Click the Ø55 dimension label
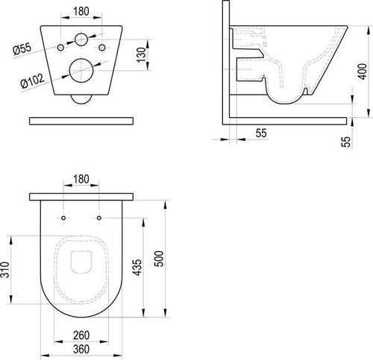point(22,48)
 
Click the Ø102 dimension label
point(33,80)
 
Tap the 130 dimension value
point(141,55)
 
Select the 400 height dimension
point(363,72)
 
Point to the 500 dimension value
point(159,259)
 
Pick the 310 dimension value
point(5,270)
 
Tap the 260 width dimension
point(81,335)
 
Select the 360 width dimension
point(81,350)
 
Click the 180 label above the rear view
point(81,11)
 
